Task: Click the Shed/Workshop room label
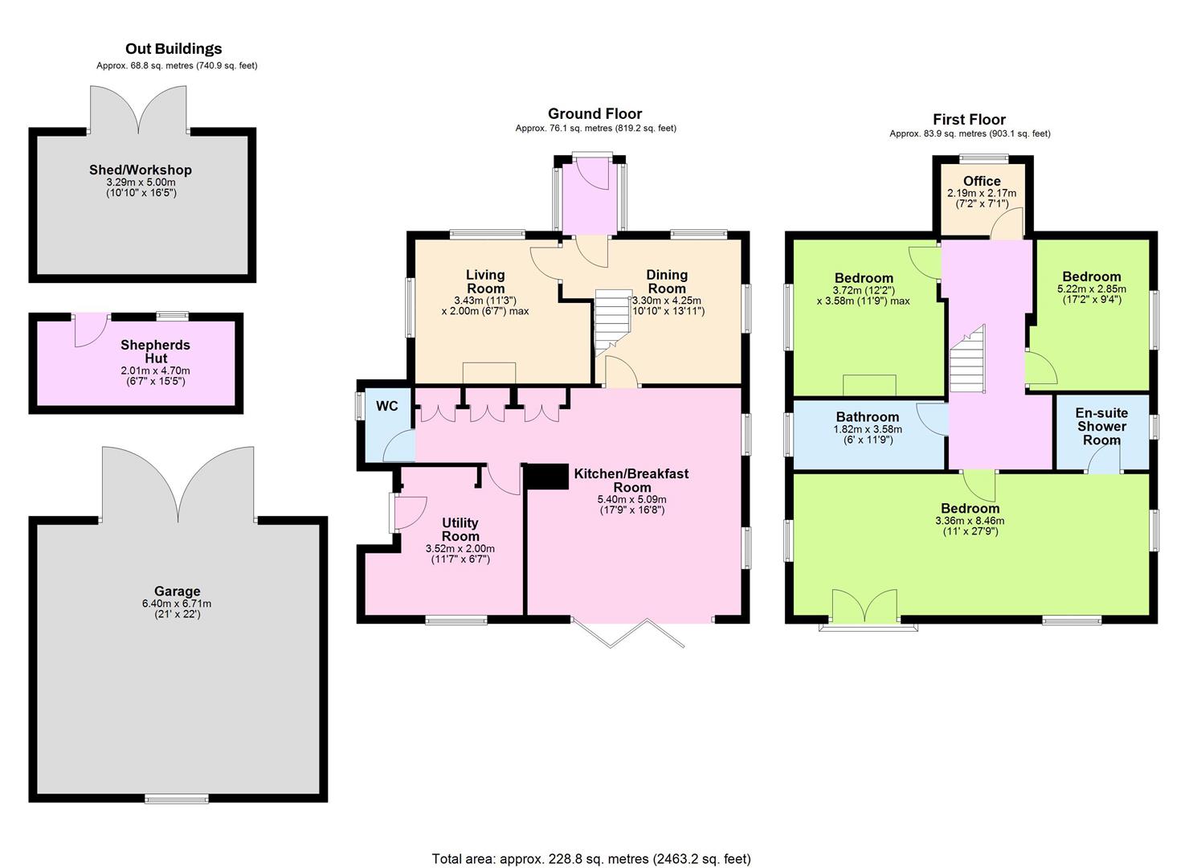pos(140,170)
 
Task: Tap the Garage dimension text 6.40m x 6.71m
pos(177,604)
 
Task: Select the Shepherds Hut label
pos(156,352)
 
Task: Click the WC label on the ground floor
pos(386,406)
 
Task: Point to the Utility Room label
pos(460,529)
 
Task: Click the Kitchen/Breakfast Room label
pos(631,480)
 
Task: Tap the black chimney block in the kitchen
pos(547,476)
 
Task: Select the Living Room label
pos(485,281)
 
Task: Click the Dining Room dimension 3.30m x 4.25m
pos(667,300)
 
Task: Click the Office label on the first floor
pos(982,181)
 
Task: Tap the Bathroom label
pos(868,416)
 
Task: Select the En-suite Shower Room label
pos(1101,426)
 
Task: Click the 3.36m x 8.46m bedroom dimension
pos(970,521)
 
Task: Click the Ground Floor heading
pos(595,113)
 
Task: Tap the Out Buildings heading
pos(174,48)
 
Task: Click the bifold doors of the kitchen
pos(628,633)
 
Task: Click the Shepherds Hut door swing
pos(91,330)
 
